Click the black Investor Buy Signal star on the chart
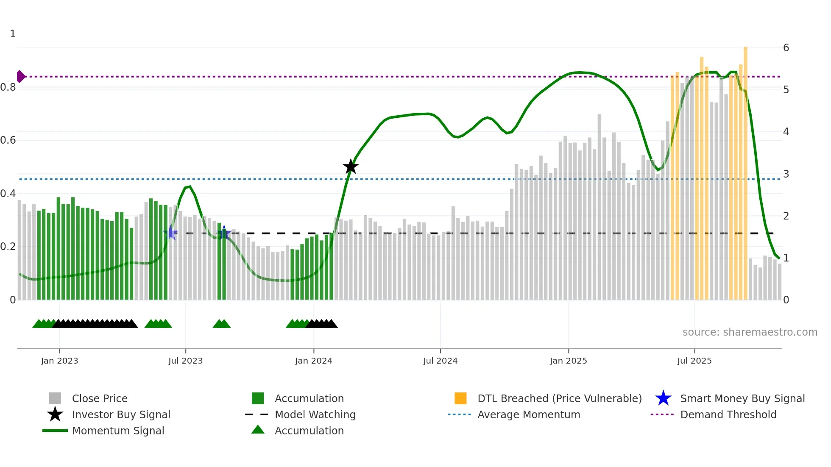(x=351, y=167)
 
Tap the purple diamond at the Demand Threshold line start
(x=20, y=77)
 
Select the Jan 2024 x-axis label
(x=313, y=361)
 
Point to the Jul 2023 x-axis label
(x=185, y=361)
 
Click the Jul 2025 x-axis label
(x=694, y=361)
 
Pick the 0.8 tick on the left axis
(x=8, y=87)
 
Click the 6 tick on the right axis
(x=786, y=48)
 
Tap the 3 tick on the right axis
(x=786, y=174)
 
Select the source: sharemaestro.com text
(x=750, y=332)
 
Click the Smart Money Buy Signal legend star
(x=663, y=398)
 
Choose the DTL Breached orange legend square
(x=460, y=398)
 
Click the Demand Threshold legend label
(x=728, y=415)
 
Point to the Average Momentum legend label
(x=529, y=415)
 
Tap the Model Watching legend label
(x=315, y=415)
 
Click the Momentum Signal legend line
(x=55, y=431)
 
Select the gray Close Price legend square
(x=55, y=398)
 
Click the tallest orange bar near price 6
(x=745, y=170)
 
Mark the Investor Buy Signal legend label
(x=121, y=415)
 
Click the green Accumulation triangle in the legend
(x=258, y=430)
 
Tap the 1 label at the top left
(x=13, y=34)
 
